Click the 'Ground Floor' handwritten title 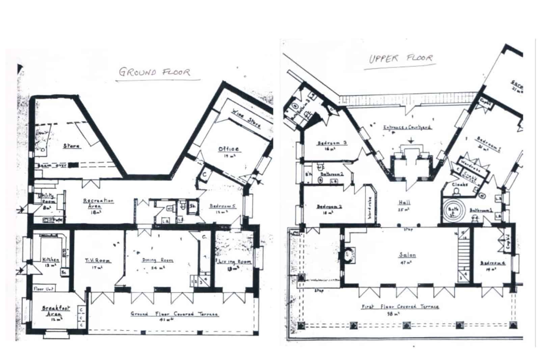pyautogui.click(x=155, y=72)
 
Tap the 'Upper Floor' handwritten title pyautogui.click(x=400, y=58)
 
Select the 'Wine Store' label pyautogui.click(x=246, y=118)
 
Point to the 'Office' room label pyautogui.click(x=228, y=149)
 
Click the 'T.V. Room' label pyautogui.click(x=98, y=261)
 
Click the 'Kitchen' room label pyautogui.click(x=51, y=260)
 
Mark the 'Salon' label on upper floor pyautogui.click(x=407, y=255)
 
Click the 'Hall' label pyautogui.click(x=404, y=202)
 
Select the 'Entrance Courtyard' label pyautogui.click(x=407, y=127)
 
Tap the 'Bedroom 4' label pyautogui.click(x=493, y=263)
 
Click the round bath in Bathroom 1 pyautogui.click(x=453, y=210)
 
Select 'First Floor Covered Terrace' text pyautogui.click(x=400, y=307)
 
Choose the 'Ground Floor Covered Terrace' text pyautogui.click(x=174, y=314)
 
